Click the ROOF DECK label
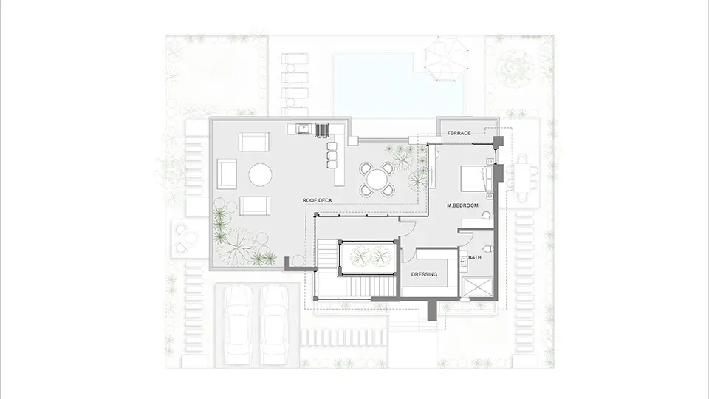point(318,200)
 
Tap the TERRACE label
point(459,133)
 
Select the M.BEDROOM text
point(462,205)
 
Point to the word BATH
point(475,257)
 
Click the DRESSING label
point(424,274)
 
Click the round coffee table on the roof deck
point(260,174)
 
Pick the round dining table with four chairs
point(376,179)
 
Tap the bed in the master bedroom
point(476,178)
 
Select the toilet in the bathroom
point(487,249)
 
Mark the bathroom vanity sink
point(464,261)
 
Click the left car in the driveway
point(238,324)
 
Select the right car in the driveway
point(274,324)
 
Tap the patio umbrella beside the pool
point(445,59)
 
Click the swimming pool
point(397,83)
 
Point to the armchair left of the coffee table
point(227,174)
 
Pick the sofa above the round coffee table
point(254,142)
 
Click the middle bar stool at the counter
point(332,155)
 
